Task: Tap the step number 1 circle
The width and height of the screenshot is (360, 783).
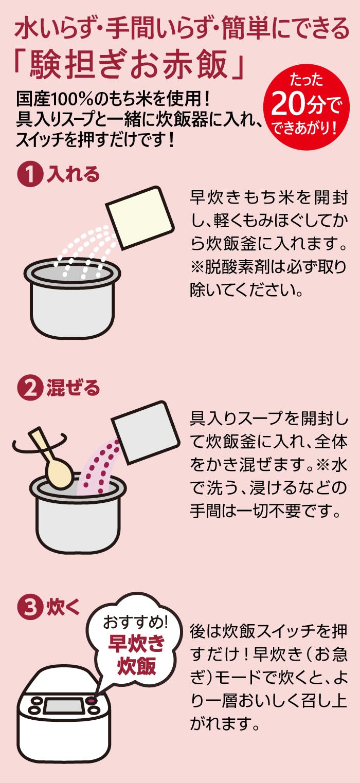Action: click(x=30, y=174)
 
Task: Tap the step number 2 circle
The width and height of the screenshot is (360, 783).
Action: click(x=30, y=388)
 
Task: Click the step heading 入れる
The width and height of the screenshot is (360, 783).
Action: click(x=74, y=174)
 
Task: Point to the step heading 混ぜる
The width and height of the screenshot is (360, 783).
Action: click(x=74, y=388)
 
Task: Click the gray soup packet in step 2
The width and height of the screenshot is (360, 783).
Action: click(x=146, y=432)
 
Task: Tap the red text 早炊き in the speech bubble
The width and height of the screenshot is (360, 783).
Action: click(x=136, y=643)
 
